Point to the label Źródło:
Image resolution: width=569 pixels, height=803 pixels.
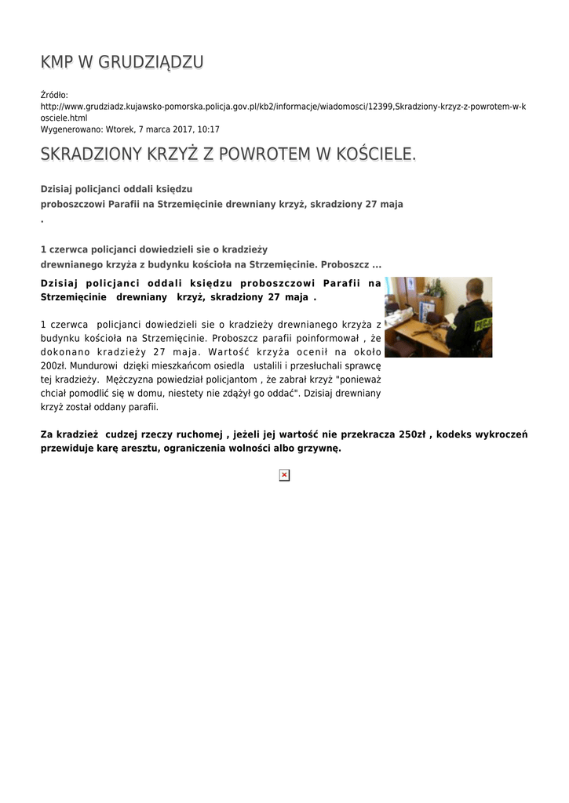pos(54,95)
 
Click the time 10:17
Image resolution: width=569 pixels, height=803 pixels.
pos(208,129)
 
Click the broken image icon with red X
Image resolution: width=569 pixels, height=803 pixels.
pos(284,475)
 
